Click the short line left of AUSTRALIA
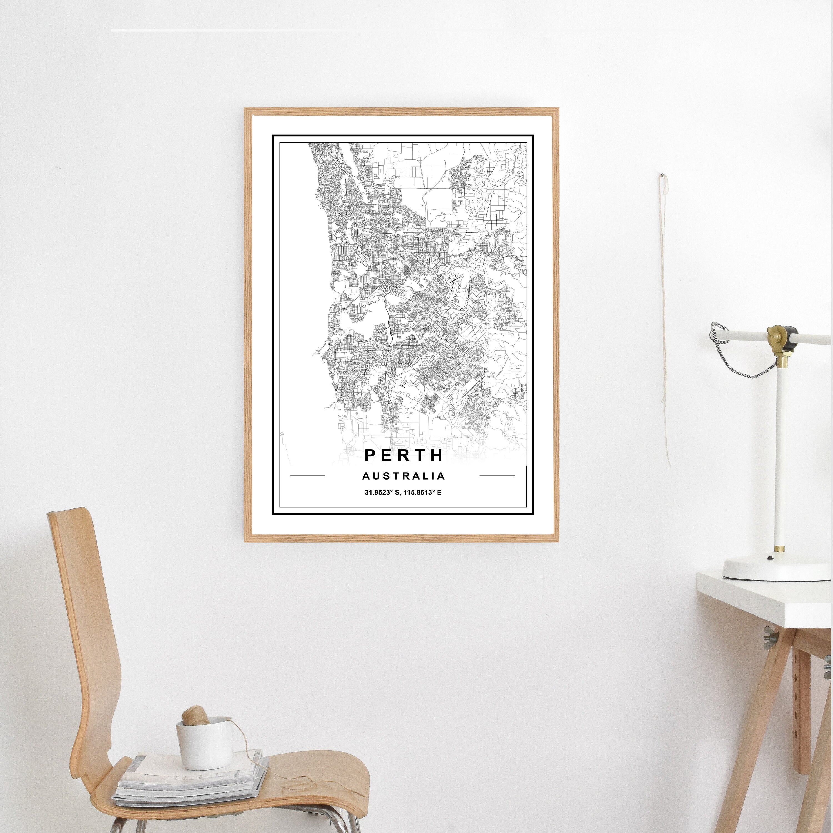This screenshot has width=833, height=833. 307,476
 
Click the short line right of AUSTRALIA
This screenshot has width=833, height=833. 497,476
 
